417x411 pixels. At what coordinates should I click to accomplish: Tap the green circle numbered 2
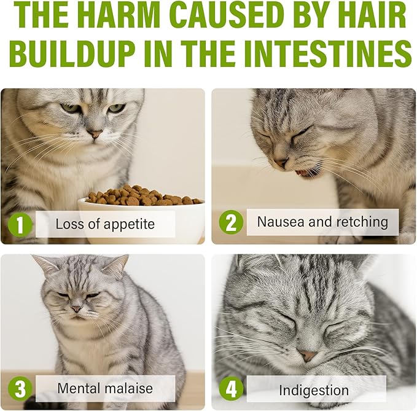pyautogui.click(x=231, y=222)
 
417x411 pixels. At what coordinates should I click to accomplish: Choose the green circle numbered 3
pyautogui.click(x=20, y=389)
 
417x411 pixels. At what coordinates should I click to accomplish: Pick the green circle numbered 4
pyautogui.click(x=231, y=389)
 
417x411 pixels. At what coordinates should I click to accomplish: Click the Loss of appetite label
pyautogui.click(x=105, y=224)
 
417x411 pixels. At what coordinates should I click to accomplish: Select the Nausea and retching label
pyautogui.click(x=322, y=222)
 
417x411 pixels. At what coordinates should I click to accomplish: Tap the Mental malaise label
pyautogui.click(x=105, y=388)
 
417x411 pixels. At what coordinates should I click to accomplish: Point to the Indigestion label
pyautogui.click(x=314, y=390)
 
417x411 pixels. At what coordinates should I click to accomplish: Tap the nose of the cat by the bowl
pyautogui.click(x=95, y=133)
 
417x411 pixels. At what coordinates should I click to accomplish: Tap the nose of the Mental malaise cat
pyautogui.click(x=76, y=309)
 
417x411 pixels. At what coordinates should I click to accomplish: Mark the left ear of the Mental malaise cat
pyautogui.click(x=45, y=265)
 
